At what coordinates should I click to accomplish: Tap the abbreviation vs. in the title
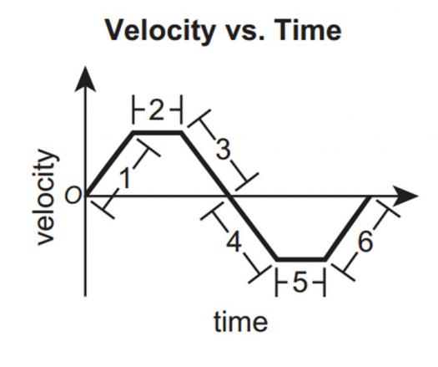[x=244, y=33]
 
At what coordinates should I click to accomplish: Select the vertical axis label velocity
[x=45, y=197]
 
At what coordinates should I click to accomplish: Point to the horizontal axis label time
[x=241, y=322]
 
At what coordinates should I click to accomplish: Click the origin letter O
[x=73, y=195]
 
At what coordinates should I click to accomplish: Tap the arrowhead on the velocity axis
[x=85, y=79]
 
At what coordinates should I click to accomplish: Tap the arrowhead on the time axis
[x=407, y=196]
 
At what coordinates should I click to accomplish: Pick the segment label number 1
[x=125, y=179]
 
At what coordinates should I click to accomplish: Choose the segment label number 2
[x=157, y=110]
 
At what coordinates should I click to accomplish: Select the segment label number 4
[x=234, y=242]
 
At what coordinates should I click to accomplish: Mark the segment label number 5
[x=300, y=283]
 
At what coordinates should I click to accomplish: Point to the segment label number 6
[x=365, y=242]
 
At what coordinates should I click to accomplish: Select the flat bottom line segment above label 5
[x=301, y=259]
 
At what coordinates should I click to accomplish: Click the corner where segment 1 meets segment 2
[x=133, y=132]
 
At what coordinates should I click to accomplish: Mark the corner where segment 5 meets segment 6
[x=325, y=259]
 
